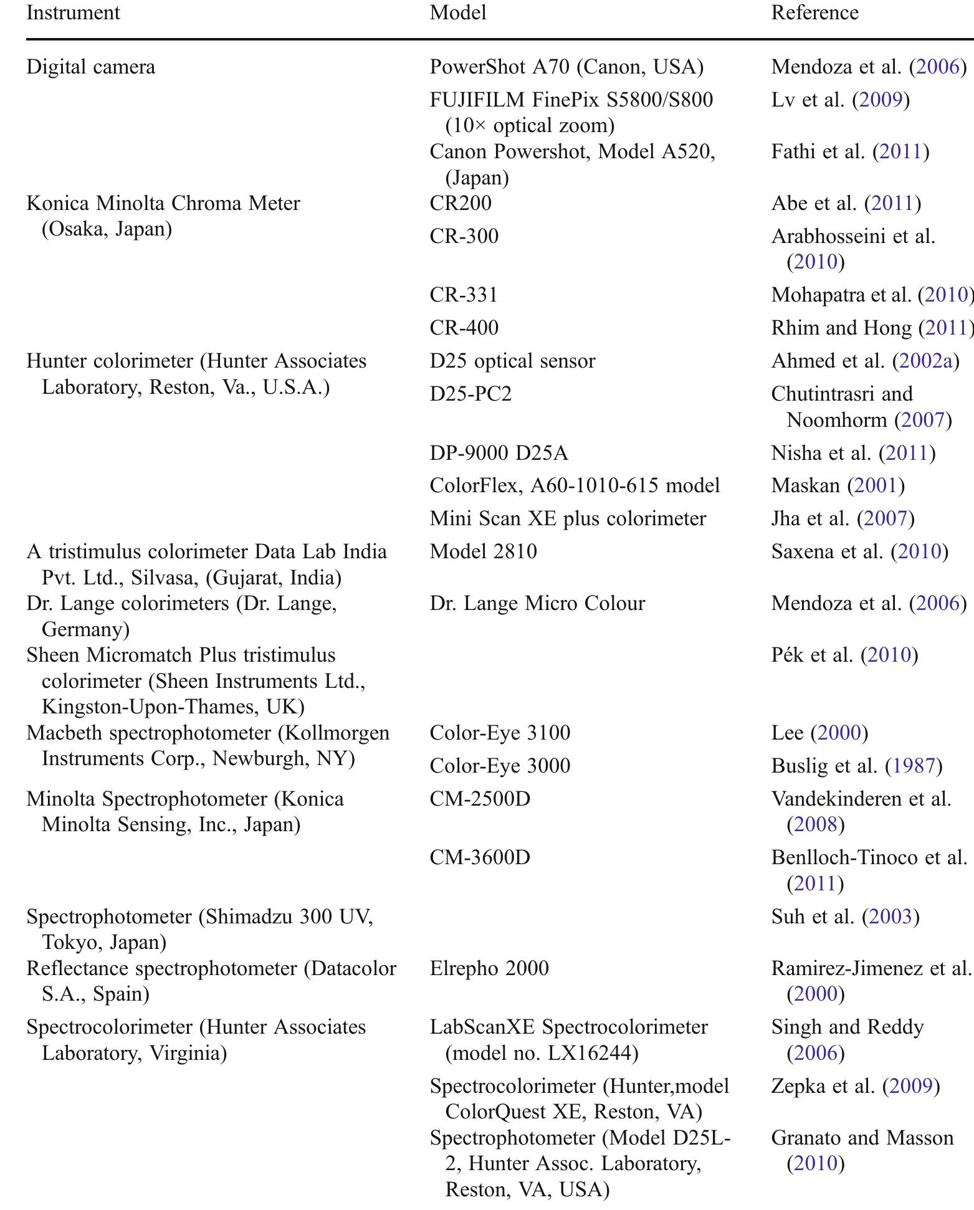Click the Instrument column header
coord(73,12)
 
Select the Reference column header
coord(814,12)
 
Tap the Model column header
coord(457,12)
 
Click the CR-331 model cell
coord(464,294)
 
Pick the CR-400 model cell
coord(464,327)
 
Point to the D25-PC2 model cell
coord(470,394)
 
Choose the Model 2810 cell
coord(483,551)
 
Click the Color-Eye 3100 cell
coord(500,732)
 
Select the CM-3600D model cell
coord(480,857)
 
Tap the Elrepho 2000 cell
coord(489,968)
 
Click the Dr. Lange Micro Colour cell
coord(537,603)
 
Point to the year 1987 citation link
coord(914,765)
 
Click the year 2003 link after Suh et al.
coord(890,917)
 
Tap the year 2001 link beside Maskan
coord(876,485)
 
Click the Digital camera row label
coord(90,67)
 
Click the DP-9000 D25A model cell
coord(499,452)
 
